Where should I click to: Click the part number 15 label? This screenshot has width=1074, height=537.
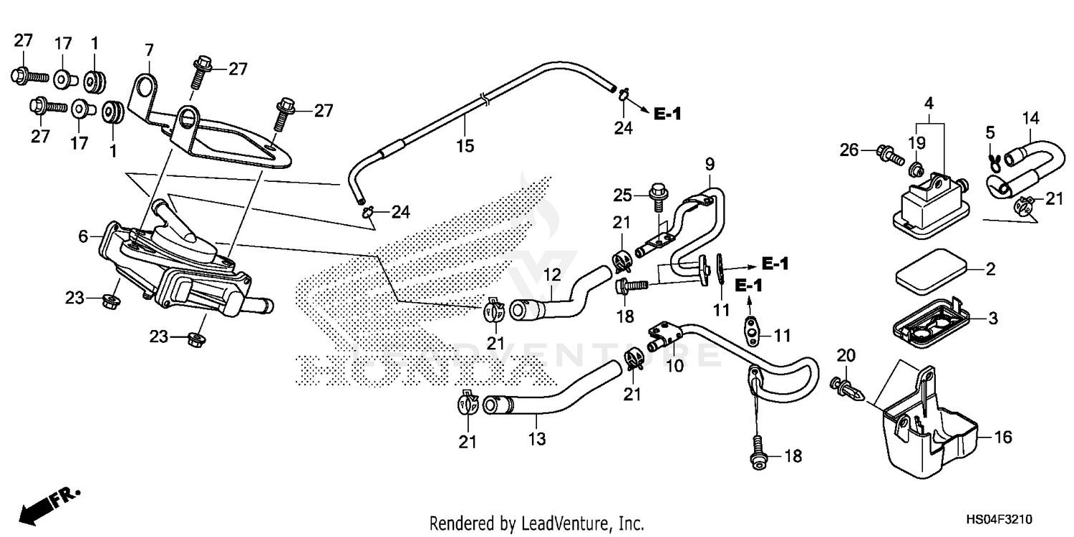(465, 147)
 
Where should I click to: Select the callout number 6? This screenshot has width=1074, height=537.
(83, 236)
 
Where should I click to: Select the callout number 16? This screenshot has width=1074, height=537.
(1004, 437)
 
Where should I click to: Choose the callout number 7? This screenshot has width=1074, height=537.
(149, 50)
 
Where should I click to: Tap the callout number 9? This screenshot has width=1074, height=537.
(710, 164)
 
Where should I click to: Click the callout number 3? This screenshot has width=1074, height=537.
(992, 318)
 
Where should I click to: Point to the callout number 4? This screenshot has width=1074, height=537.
(929, 103)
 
